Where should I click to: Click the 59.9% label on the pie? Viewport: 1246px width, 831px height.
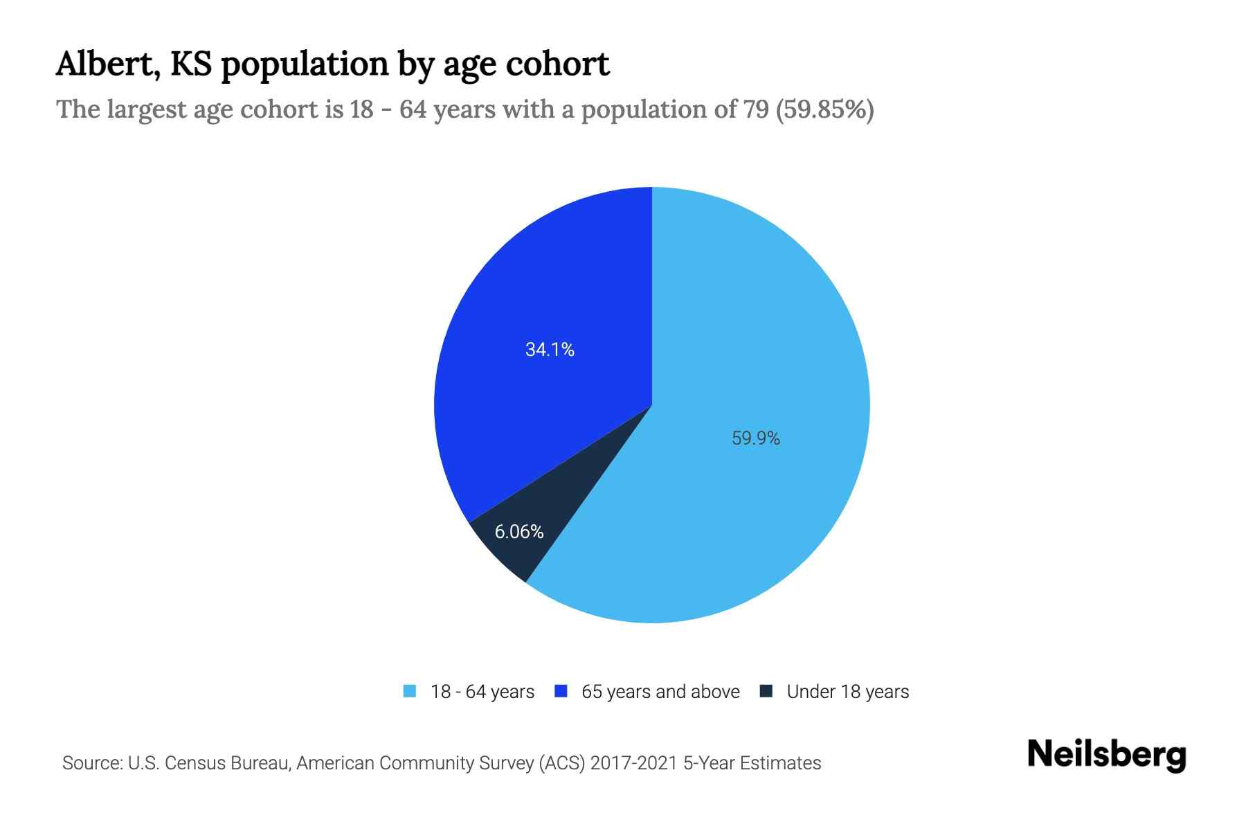[x=755, y=438]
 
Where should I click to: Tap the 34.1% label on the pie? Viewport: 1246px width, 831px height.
[x=550, y=350]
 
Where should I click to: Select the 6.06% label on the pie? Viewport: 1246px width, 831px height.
[x=518, y=532]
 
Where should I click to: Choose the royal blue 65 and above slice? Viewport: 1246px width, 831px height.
[x=540, y=291]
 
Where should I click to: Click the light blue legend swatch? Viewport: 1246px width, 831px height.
[x=410, y=691]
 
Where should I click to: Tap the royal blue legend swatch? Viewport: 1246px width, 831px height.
[x=561, y=691]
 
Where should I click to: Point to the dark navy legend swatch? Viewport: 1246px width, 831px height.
[x=766, y=691]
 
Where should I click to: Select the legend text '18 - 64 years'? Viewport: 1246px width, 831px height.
[x=482, y=692]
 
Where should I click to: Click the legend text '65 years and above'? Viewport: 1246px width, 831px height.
[x=660, y=692]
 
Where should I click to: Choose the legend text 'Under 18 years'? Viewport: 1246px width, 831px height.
[x=848, y=692]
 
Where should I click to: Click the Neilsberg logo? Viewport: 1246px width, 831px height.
[x=1106, y=754]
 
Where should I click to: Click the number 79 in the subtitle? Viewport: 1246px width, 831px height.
[x=755, y=109]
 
